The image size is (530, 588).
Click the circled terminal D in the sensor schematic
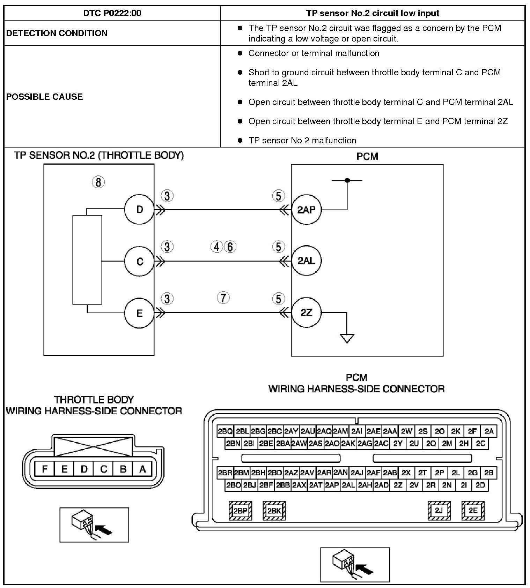pyautogui.click(x=139, y=209)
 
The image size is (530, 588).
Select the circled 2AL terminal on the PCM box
pyautogui.click(x=306, y=261)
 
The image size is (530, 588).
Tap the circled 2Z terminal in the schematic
pyautogui.click(x=306, y=312)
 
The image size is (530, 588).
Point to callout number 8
pyautogui.click(x=98, y=182)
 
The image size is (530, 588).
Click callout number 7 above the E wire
pyautogui.click(x=223, y=298)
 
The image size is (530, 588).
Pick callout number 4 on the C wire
pyautogui.click(x=217, y=247)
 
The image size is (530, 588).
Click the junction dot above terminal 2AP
pyautogui.click(x=347, y=180)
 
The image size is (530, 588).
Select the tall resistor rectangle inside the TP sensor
pyautogui.click(x=87, y=260)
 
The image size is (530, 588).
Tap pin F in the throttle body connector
pyautogui.click(x=45, y=469)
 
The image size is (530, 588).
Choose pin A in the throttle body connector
pyautogui.click(x=142, y=469)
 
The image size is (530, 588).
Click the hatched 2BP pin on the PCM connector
pyautogui.click(x=240, y=511)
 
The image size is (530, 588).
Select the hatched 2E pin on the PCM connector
pyautogui.click(x=473, y=511)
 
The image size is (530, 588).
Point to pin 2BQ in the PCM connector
pyautogui.click(x=225, y=431)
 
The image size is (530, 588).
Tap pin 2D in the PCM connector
pyautogui.click(x=480, y=485)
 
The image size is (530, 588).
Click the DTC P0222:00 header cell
pyautogui.click(x=112, y=13)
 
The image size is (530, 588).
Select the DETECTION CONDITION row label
pyautogui.click(x=57, y=33)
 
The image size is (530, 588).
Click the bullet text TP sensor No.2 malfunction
pyautogui.click(x=302, y=140)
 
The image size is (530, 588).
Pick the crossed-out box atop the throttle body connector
pyautogui.click(x=93, y=446)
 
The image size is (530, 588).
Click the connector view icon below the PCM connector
pyautogui.click(x=355, y=565)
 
